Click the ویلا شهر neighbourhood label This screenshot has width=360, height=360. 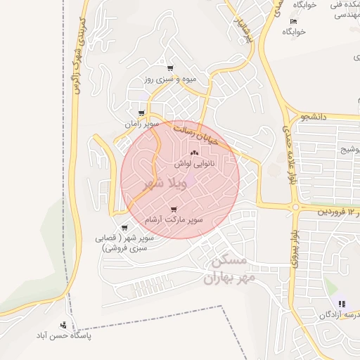coord(163,184)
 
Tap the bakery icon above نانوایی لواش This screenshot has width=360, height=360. coord(195,153)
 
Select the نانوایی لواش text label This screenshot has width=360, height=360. coord(194,162)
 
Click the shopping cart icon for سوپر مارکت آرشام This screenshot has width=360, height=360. coord(173,210)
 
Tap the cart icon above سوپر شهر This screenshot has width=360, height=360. coord(124,228)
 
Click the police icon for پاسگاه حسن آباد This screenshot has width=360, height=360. coord(64,325)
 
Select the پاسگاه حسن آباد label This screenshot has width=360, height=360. coord(84,335)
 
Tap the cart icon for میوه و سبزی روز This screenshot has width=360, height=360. coord(170,68)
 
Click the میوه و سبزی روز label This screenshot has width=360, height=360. coord(172,79)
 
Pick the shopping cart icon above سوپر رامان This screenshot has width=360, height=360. coord(142,113)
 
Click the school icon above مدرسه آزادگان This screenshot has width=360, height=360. coord(341,304)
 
